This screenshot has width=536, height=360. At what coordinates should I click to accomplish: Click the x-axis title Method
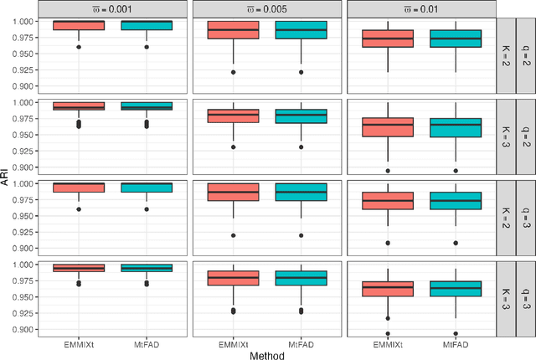coord(267,355)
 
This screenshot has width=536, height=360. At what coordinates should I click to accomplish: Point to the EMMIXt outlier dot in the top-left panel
coord(79,47)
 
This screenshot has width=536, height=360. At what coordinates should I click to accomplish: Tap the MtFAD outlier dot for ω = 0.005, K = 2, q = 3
coord(301,235)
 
